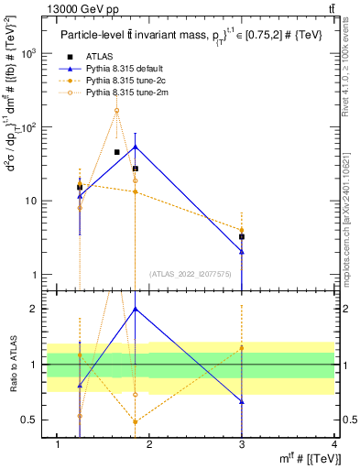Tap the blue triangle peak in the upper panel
[x=136, y=147]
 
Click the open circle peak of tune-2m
[x=116, y=111]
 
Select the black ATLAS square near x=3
[x=242, y=236]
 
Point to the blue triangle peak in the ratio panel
[x=136, y=309]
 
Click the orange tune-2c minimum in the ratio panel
[x=136, y=421]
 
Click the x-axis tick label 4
[x=334, y=445]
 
